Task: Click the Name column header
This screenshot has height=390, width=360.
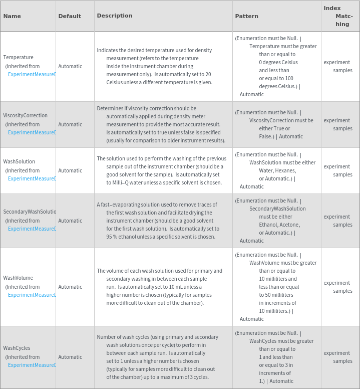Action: point(12,16)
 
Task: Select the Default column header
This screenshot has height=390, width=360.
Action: point(70,16)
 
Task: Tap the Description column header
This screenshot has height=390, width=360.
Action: point(115,16)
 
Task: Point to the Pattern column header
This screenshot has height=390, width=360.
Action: point(246,16)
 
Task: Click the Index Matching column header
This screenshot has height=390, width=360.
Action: point(338,16)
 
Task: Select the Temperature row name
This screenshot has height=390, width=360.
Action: point(19,57)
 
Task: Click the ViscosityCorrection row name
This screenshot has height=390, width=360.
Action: point(26,115)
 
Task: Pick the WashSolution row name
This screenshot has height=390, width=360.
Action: point(19,161)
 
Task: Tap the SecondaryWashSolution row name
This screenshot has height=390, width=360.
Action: point(30,212)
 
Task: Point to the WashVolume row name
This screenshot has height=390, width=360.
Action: point(18,278)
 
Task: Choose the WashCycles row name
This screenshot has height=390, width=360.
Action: point(17,348)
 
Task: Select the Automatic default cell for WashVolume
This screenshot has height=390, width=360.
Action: point(70,287)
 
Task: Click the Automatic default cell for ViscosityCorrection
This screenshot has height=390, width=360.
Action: point(70,124)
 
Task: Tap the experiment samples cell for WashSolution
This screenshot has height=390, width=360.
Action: point(338,170)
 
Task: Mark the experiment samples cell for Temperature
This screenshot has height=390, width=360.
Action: point(338,66)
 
